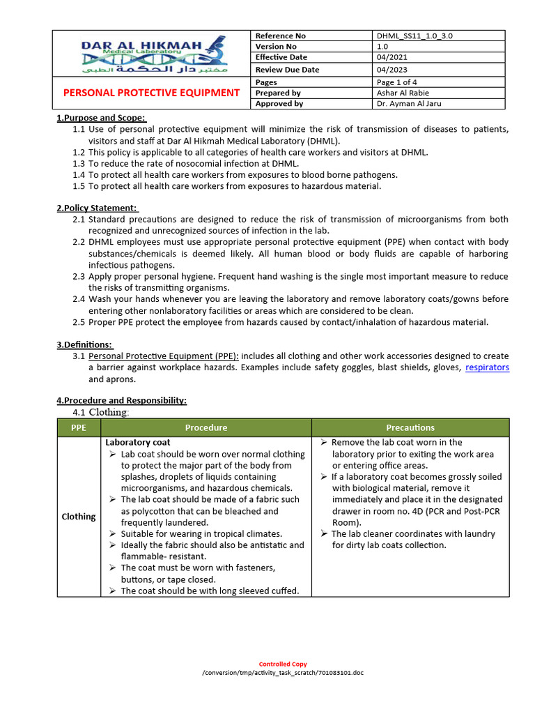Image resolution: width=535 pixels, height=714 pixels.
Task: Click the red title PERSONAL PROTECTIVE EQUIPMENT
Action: [x=152, y=93]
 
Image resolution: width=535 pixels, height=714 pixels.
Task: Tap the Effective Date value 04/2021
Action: [x=392, y=57]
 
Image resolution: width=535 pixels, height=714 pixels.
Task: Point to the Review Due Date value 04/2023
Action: [x=392, y=70]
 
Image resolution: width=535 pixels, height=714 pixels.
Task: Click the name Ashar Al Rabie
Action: [x=403, y=93]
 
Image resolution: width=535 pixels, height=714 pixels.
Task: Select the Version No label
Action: [x=275, y=47]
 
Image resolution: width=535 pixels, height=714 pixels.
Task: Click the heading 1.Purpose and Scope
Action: [x=101, y=118]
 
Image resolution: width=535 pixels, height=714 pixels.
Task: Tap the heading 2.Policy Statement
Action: [x=98, y=208]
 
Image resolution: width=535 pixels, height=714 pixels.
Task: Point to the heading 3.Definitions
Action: [x=84, y=344]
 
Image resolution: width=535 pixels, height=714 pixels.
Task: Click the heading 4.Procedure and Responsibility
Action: [x=121, y=400]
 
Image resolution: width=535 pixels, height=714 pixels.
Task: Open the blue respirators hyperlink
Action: [x=487, y=367]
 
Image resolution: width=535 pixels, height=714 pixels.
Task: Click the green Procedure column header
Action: [x=206, y=427]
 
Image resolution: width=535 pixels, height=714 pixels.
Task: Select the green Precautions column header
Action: [x=410, y=427]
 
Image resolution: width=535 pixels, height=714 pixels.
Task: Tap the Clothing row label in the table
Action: [x=79, y=517]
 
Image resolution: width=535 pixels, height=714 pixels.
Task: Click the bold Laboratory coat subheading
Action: [x=137, y=443]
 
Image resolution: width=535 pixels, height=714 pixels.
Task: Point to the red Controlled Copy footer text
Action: [x=283, y=664]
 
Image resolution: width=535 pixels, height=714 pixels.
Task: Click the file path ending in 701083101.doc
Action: [x=283, y=673]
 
